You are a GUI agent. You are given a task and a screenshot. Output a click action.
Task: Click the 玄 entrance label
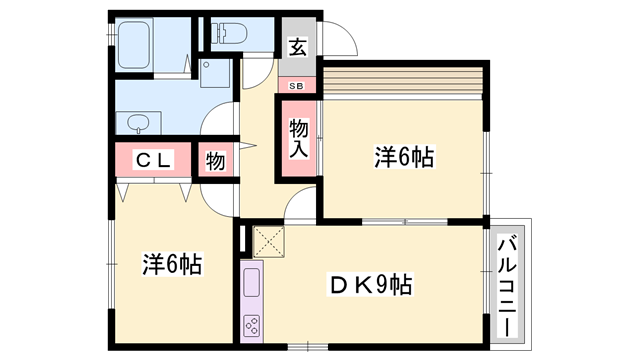coord(298,46)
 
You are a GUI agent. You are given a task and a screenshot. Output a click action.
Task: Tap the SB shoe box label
coord(297,86)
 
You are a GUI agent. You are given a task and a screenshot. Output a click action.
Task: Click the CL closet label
coord(155,160)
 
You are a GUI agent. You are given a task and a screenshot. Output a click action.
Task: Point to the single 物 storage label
coord(216,160)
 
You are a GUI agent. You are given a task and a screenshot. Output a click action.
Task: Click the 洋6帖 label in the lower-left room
coord(171,265)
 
